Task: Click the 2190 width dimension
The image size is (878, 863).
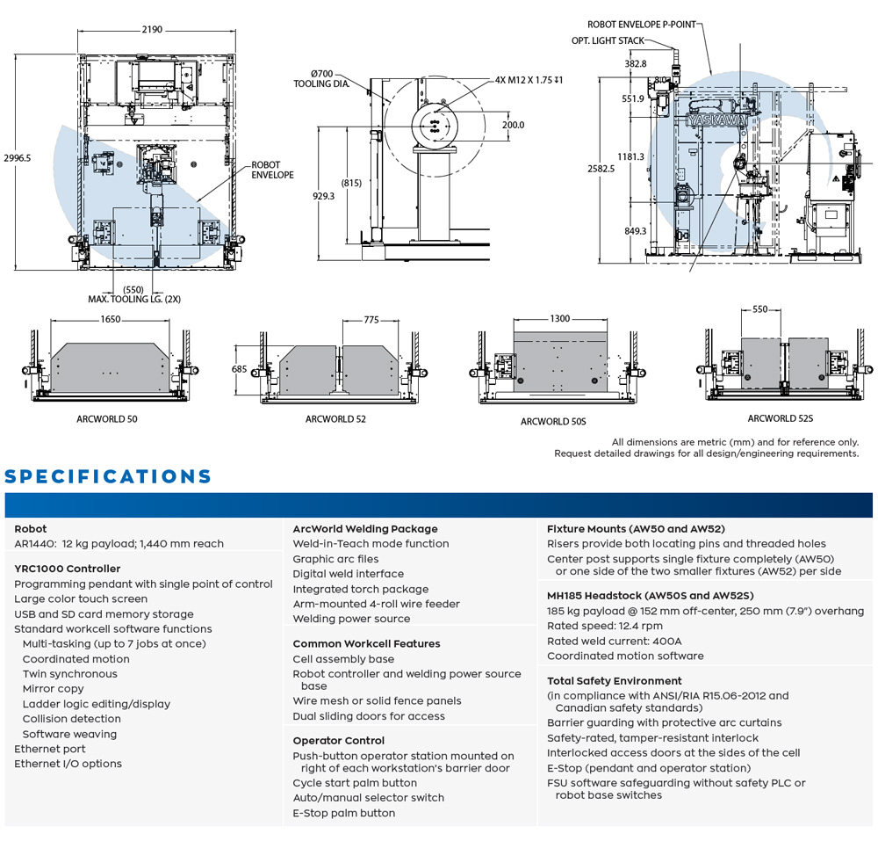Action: [152, 29]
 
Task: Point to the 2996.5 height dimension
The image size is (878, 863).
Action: [17, 158]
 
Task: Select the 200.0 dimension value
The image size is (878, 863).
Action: [513, 125]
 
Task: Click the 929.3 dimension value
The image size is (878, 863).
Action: [323, 197]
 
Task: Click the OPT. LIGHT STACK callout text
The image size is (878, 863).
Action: [608, 40]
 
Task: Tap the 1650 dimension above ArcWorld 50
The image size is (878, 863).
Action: [111, 320]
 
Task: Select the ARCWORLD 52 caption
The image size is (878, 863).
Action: [335, 419]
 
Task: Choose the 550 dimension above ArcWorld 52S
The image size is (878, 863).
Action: [759, 310]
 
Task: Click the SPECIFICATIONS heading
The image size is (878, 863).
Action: [108, 477]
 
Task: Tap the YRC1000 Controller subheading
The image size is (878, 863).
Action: [68, 569]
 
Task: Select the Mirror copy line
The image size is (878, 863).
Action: [54, 689]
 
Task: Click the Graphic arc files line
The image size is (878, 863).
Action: [335, 559]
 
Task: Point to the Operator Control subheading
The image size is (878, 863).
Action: [338, 741]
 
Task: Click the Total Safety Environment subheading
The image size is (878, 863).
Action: [614, 681]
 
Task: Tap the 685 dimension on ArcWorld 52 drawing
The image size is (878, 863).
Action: [240, 370]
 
